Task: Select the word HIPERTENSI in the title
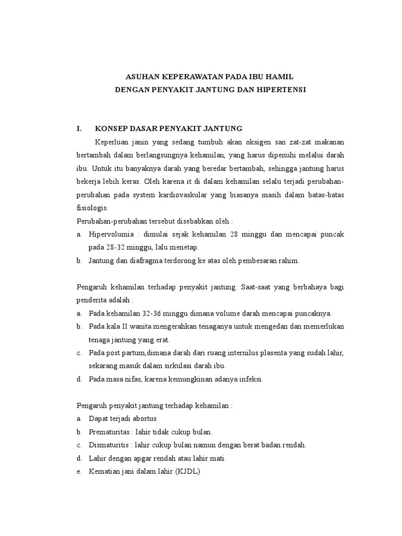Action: point(281,90)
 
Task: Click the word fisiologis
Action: point(92,208)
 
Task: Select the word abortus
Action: point(144,419)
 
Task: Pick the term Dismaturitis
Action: point(108,445)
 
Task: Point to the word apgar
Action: point(138,459)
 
